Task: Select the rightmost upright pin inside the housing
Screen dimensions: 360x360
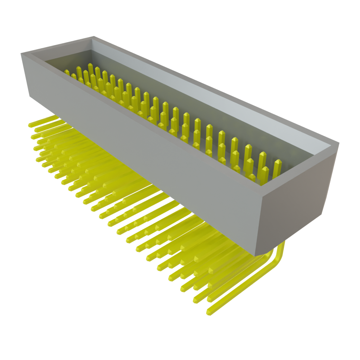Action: [277, 168]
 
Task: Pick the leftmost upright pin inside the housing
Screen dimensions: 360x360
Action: [67, 72]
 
